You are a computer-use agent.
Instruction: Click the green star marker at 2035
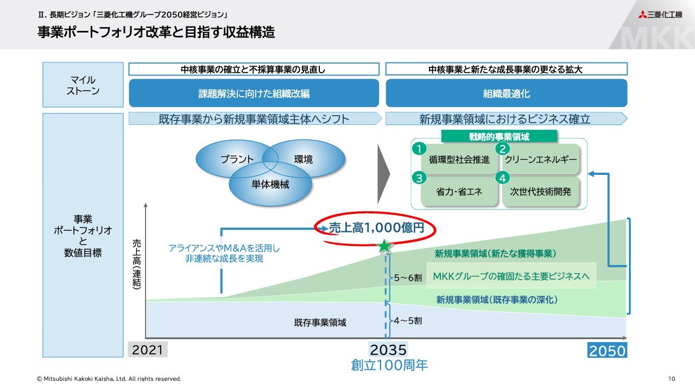pyautogui.click(x=384, y=247)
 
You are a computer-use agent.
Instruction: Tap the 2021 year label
pyautogui.click(x=148, y=349)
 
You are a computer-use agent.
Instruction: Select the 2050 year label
pyautogui.click(x=608, y=350)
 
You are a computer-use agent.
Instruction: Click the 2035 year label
pyautogui.click(x=388, y=349)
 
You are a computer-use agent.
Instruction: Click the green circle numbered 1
pyautogui.click(x=419, y=148)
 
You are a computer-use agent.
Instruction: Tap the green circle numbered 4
pyautogui.click(x=503, y=178)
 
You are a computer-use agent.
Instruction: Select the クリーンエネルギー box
pyautogui.click(x=540, y=160)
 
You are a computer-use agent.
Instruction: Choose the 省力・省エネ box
pyautogui.click(x=459, y=192)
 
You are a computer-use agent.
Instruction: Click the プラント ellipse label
pyautogui.click(x=237, y=159)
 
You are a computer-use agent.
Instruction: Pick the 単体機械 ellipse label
pyautogui.click(x=270, y=185)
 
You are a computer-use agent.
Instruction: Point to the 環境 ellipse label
pyautogui.click(x=304, y=159)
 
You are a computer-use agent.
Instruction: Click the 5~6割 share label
pyautogui.click(x=408, y=278)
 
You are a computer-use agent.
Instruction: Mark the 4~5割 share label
pyautogui.click(x=408, y=320)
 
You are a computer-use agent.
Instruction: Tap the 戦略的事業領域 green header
pyautogui.click(x=499, y=137)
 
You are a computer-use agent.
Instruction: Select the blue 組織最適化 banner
pyautogui.click(x=506, y=93)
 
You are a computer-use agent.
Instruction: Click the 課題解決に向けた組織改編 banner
pyautogui.click(x=254, y=93)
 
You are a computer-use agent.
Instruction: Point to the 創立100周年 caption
pyautogui.click(x=389, y=365)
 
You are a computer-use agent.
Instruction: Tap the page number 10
pyautogui.click(x=672, y=379)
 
